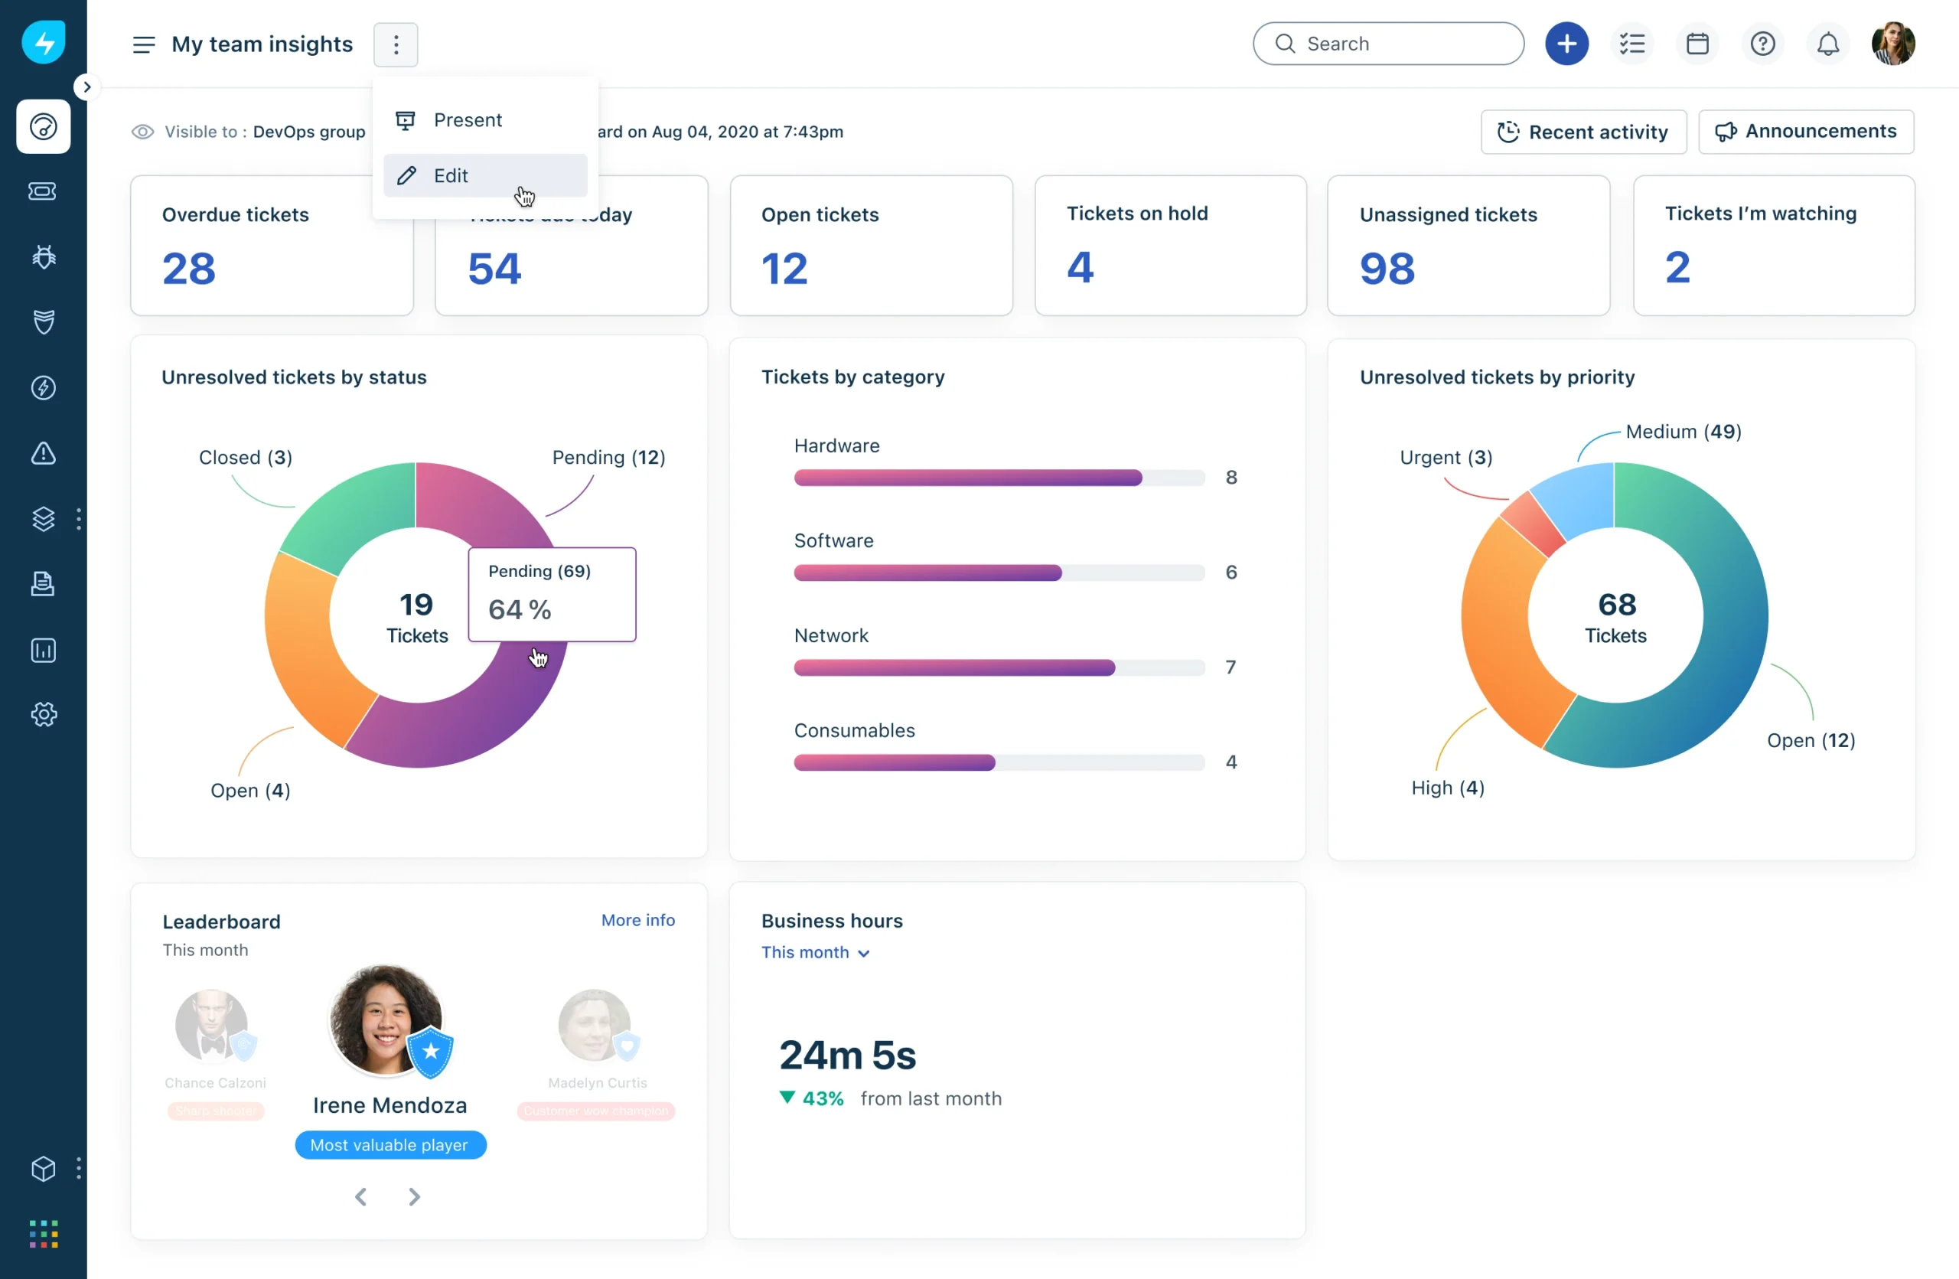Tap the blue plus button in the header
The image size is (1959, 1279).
tap(1566, 44)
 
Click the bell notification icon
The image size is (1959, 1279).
tap(1827, 44)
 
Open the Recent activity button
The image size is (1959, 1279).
tap(1583, 132)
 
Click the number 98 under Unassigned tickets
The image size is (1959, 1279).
tap(1387, 269)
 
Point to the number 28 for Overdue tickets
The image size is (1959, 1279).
tap(188, 269)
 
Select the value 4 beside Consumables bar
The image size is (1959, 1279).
tap(1230, 762)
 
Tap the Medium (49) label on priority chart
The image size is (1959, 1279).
tap(1684, 431)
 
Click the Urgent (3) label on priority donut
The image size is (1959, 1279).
tap(1446, 457)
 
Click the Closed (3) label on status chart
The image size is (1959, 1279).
tap(246, 457)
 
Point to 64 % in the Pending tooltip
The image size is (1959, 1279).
tap(520, 610)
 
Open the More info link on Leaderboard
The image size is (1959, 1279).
tap(637, 920)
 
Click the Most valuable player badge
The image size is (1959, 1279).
tap(390, 1145)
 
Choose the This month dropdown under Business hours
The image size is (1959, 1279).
tap(814, 952)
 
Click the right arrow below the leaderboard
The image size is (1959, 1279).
tap(414, 1196)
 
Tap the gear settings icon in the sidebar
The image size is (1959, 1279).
tap(44, 714)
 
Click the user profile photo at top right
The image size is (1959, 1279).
tap(1892, 44)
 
